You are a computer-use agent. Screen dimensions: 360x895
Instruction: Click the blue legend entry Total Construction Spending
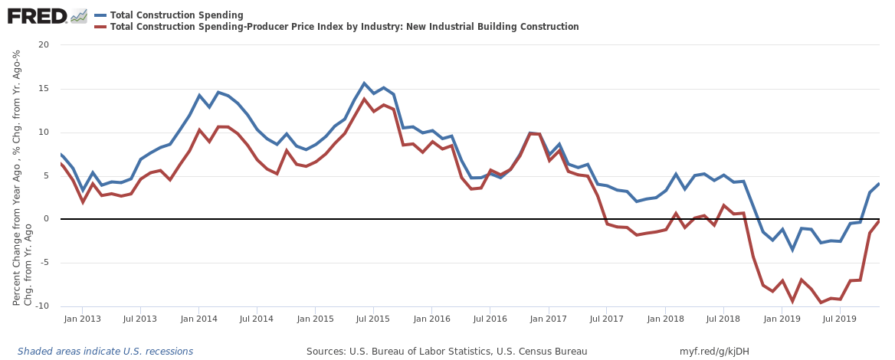pyautogui.click(x=176, y=15)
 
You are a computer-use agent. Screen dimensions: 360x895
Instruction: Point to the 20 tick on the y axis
pyautogui.click(x=44, y=44)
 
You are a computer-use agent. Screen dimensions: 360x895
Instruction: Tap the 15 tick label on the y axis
pyautogui.click(x=44, y=88)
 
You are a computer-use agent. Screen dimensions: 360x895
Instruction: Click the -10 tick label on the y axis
pyautogui.click(x=41, y=306)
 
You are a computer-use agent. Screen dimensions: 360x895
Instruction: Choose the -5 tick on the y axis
pyautogui.click(x=44, y=263)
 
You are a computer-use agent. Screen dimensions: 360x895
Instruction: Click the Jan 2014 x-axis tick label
pyautogui.click(x=198, y=318)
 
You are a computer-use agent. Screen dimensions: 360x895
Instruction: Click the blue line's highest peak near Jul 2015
pyautogui.click(x=365, y=83)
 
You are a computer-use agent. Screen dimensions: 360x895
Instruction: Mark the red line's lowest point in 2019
pyautogui.click(x=821, y=303)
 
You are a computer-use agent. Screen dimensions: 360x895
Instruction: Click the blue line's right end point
pyautogui.click(x=879, y=183)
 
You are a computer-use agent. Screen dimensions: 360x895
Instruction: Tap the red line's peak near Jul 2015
pyautogui.click(x=365, y=99)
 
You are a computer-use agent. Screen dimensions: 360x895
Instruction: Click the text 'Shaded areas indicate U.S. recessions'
pyautogui.click(x=105, y=352)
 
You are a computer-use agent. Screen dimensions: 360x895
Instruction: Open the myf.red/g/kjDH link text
pyautogui.click(x=715, y=352)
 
